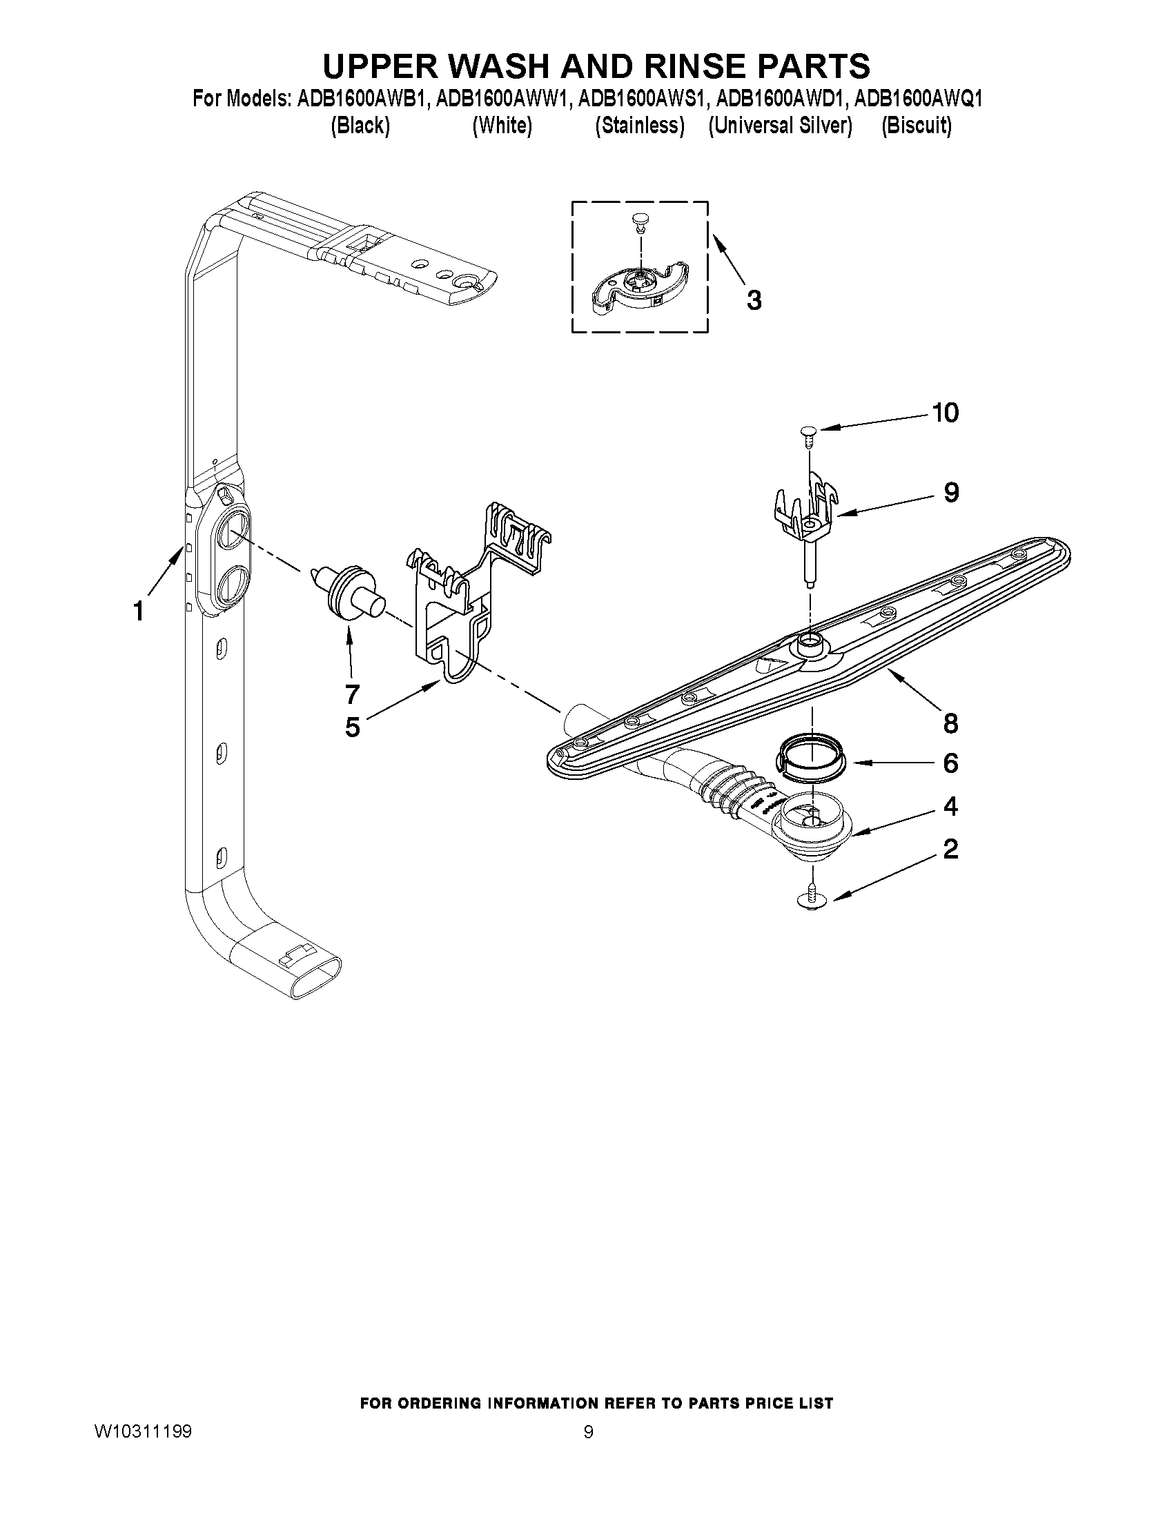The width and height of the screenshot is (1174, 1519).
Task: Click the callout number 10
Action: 945,413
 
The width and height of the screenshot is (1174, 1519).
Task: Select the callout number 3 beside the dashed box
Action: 753,300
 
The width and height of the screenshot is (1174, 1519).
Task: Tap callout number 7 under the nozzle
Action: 352,694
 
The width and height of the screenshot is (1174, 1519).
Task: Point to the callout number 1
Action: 139,611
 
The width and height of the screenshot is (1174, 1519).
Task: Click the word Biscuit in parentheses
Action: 916,126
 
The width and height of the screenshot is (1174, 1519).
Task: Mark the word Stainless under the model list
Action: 640,126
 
